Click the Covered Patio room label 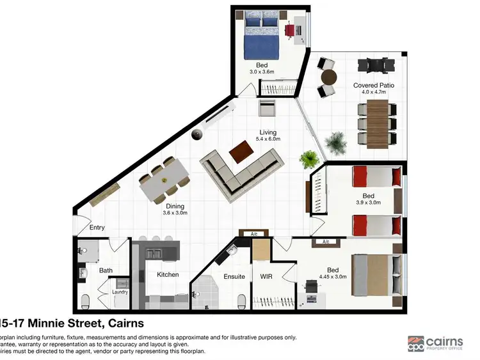coord(371,85)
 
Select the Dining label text coord(175,206)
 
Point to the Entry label coord(97,228)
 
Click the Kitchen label coord(168,275)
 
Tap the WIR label coord(266,277)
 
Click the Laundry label coord(120,292)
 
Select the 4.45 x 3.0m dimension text coord(333,277)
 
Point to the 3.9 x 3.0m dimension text coord(368,202)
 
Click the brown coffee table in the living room coord(241,151)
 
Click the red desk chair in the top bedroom coord(289,29)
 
